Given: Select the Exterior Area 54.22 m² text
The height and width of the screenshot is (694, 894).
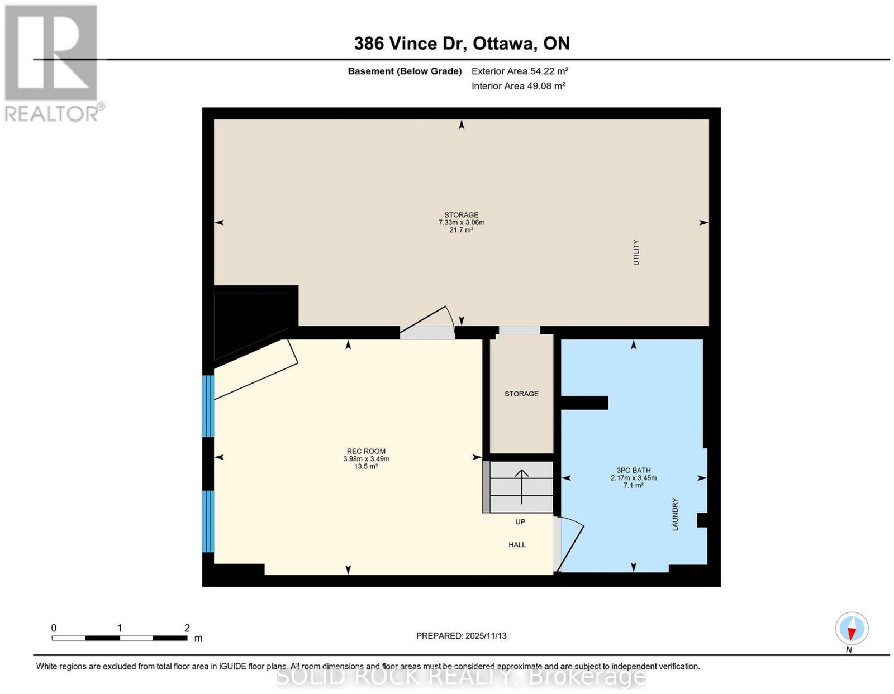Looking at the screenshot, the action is point(520,71).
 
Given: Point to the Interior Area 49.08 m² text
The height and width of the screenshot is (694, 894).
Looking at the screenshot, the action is point(518,86).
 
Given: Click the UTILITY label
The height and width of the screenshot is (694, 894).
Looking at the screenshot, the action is point(636,252).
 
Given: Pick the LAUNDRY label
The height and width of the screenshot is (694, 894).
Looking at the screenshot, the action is point(675,514).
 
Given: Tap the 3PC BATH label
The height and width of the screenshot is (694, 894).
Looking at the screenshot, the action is point(634,470).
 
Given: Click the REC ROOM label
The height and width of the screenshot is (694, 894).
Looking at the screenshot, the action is point(366,451).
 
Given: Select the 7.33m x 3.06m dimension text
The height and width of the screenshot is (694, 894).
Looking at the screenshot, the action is point(461,222).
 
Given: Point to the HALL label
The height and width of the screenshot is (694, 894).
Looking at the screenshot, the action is point(517,544).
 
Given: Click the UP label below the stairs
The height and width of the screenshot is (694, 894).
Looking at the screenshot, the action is point(520,521).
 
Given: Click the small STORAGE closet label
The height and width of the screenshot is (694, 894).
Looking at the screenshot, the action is point(521,394).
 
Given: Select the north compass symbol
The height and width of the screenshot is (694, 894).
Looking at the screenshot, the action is point(852,628).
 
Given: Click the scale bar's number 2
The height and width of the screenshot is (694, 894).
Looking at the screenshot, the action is point(187,628).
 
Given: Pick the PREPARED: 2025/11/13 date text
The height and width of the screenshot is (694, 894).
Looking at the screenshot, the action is point(461,635).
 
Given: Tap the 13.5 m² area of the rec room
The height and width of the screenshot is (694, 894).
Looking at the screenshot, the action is point(366,466).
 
